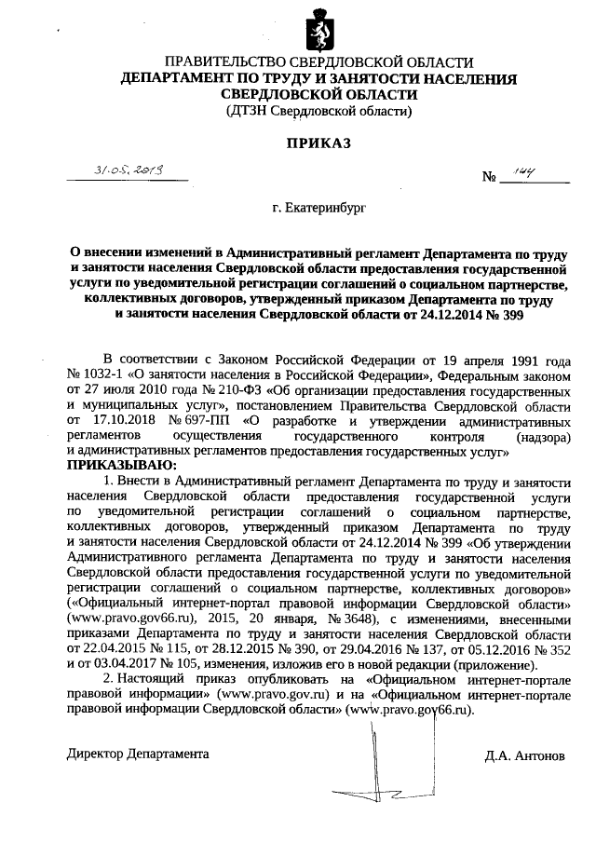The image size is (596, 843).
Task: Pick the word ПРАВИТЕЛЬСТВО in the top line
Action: pos(200,62)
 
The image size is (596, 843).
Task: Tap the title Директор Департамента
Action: pos(139,754)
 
